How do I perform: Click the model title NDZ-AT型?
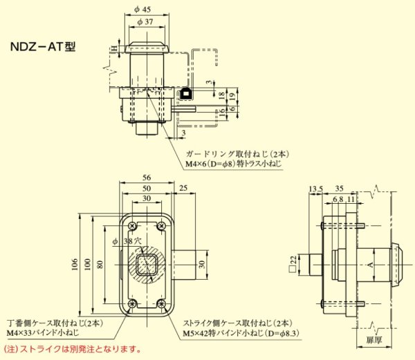tap(42, 48)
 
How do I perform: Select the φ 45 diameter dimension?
tap(145, 10)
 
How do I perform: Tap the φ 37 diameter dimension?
tap(145, 22)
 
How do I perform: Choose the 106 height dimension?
tap(75, 263)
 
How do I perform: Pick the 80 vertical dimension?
tap(100, 263)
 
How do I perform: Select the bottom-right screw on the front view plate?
tap(161, 303)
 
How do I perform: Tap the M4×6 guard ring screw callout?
tap(234, 164)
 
